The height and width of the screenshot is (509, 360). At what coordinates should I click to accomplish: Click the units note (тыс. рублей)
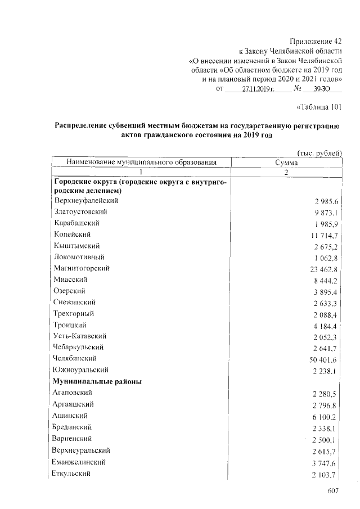tap(319, 153)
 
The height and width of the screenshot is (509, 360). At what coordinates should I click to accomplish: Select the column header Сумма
tap(286, 163)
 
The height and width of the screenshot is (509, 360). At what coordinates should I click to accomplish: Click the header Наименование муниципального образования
tap(141, 163)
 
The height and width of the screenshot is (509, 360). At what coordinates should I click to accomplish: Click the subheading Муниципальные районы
tap(97, 381)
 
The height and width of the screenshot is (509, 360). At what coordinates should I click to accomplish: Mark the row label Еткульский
tap(73, 474)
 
